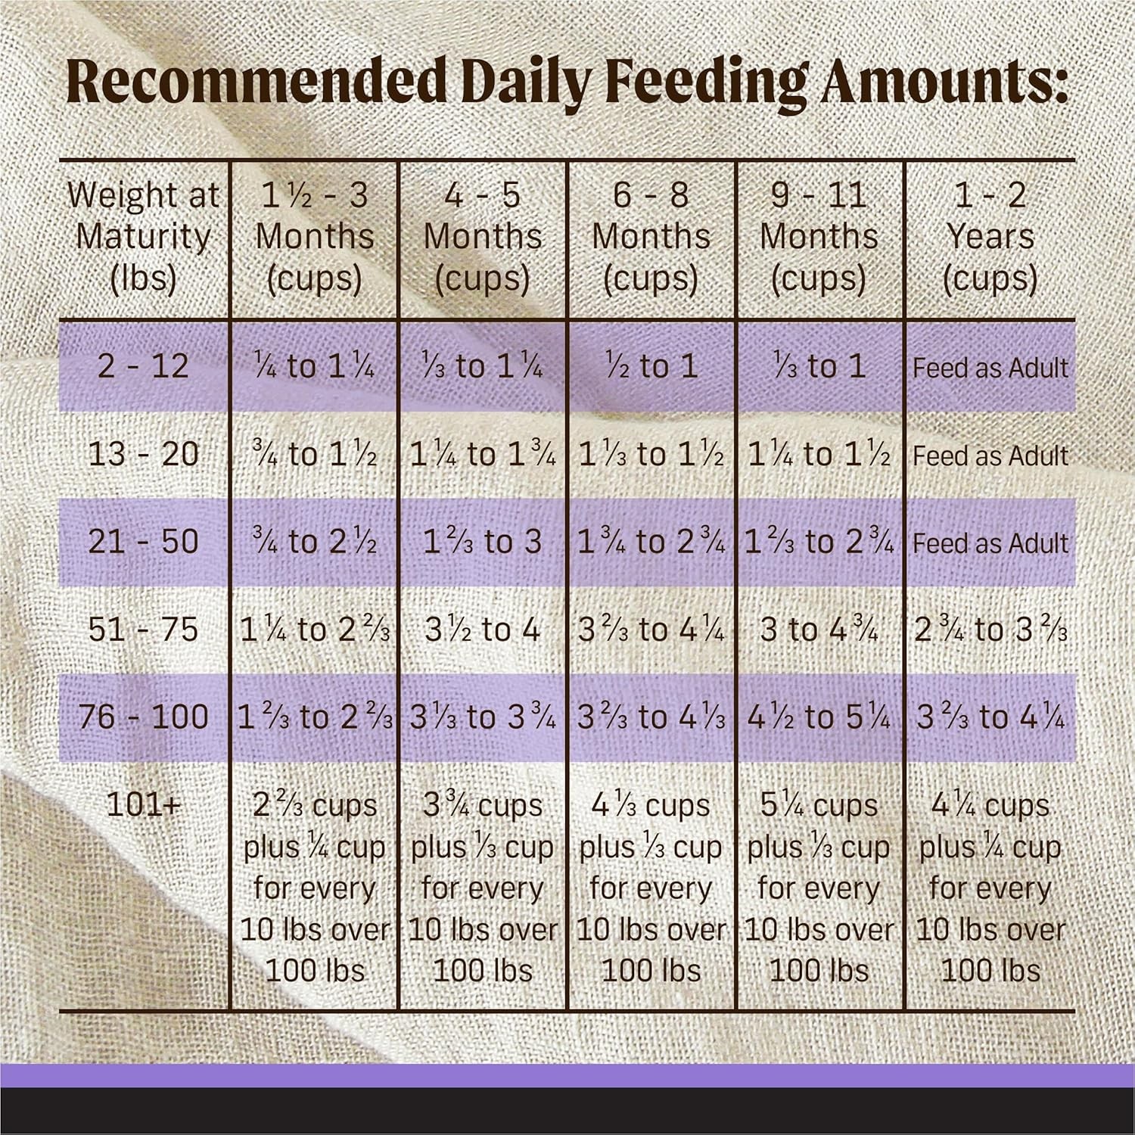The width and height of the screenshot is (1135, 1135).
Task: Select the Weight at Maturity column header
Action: click(x=143, y=237)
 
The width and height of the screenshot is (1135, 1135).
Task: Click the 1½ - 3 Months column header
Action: click(x=315, y=237)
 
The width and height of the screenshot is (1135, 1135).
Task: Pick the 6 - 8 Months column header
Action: click(x=651, y=237)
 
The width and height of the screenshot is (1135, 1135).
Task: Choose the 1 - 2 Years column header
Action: click(x=990, y=237)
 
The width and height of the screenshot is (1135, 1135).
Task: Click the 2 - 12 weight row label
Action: click(x=143, y=366)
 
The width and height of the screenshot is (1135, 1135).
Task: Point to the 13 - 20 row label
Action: click(x=143, y=454)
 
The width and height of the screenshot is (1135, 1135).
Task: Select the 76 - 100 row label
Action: click(x=143, y=717)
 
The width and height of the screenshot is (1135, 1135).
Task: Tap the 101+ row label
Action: click(x=143, y=805)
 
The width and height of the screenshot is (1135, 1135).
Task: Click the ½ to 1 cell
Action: click(x=651, y=366)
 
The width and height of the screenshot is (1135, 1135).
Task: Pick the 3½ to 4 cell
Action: click(x=483, y=630)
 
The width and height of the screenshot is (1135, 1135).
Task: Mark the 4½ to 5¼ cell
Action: click(x=819, y=717)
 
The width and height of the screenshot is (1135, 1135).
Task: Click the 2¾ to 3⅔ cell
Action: click(x=990, y=630)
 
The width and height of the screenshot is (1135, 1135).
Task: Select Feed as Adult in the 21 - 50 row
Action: click(x=990, y=543)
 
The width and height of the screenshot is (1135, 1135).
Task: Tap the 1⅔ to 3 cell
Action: click(x=483, y=542)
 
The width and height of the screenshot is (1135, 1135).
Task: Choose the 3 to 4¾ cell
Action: click(x=819, y=630)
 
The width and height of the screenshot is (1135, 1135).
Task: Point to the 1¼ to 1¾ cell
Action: click(x=483, y=454)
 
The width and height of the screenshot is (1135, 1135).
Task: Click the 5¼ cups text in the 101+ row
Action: click(x=819, y=806)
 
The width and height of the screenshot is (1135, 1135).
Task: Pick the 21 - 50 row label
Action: click(x=143, y=542)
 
